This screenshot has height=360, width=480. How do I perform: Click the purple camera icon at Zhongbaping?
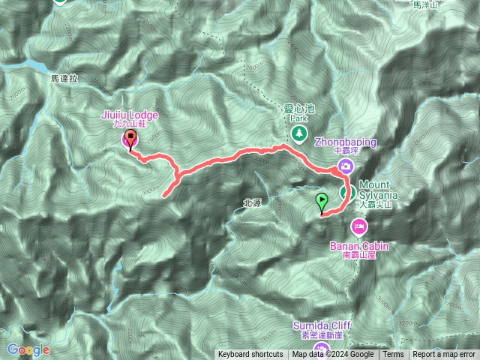click(346, 166)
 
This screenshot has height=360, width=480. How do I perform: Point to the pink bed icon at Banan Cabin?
click(359, 225)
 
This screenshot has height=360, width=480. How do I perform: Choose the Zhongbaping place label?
click(344, 140)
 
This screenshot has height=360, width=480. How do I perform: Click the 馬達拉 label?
click(64, 77)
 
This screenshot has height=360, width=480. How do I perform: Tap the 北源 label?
click(252, 202)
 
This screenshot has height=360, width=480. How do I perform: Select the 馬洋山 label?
click(425, 4)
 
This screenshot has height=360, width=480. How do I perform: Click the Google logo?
click(28, 349)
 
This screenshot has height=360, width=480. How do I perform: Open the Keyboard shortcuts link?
click(250, 355)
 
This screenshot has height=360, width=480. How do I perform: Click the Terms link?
click(392, 355)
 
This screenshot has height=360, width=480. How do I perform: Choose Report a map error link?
click(444, 355)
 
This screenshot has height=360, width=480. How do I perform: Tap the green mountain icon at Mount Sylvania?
click(347, 193)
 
